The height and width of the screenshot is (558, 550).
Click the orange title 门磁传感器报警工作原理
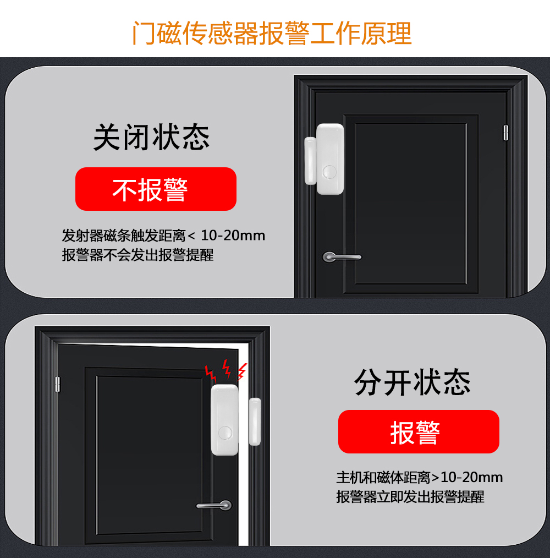(272, 33)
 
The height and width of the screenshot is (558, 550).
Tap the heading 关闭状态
(151, 138)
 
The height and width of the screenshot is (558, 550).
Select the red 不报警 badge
(156, 189)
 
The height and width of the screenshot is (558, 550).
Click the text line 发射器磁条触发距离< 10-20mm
(163, 236)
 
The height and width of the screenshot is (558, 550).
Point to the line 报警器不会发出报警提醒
(137, 255)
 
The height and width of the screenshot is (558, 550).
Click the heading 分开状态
(413, 382)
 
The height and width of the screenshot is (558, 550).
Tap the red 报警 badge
(419, 431)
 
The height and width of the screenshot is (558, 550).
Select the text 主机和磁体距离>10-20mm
(420, 478)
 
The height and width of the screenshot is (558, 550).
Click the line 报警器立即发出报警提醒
(410, 497)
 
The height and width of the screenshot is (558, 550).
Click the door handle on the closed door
(342, 257)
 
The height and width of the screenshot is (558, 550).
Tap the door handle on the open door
(214, 505)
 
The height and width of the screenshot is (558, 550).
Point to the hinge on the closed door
(505, 133)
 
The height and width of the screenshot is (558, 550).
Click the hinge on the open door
(58, 384)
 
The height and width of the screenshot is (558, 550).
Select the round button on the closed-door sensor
(329, 172)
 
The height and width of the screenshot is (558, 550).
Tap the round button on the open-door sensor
(225, 433)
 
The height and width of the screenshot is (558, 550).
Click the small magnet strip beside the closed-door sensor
(310, 161)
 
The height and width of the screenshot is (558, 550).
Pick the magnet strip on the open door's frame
(255, 422)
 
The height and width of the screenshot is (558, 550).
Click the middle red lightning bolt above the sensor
(226, 369)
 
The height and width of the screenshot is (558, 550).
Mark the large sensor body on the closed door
(330, 159)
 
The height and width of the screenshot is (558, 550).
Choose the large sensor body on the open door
(224, 420)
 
